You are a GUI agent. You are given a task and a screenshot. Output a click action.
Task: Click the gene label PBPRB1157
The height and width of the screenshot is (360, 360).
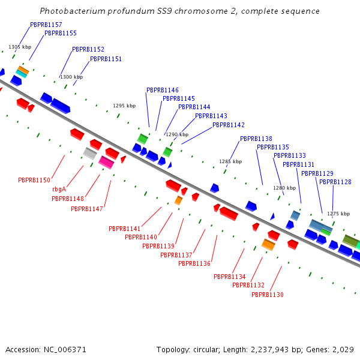pos(46,25)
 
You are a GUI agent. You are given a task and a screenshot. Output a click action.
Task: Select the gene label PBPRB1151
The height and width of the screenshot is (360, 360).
pos(106,59)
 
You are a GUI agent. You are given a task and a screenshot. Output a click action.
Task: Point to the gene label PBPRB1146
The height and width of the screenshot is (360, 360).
pos(162,90)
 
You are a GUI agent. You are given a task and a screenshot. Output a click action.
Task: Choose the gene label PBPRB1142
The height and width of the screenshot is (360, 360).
pos(229,125)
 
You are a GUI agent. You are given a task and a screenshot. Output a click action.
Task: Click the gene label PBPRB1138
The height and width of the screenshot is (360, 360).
pos(256,139)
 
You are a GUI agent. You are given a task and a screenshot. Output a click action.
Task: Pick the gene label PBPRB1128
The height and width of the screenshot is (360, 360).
pos(335,182)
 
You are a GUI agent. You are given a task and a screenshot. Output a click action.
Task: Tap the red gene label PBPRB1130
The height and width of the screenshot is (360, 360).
pos(267,295)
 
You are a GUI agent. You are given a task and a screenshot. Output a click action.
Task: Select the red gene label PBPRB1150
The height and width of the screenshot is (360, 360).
pos(34,180)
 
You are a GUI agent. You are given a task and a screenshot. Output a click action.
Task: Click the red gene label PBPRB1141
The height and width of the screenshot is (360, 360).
pos(124,229)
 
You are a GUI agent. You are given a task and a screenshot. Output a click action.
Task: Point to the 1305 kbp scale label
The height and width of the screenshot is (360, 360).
pos(20,47)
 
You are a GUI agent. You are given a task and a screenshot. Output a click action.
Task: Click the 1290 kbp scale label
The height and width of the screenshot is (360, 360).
pos(177,134)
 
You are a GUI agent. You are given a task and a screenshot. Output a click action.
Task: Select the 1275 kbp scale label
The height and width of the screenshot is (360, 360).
pos(338,214)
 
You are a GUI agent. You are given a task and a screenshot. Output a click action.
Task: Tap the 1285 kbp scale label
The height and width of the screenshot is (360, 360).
pos(230,161)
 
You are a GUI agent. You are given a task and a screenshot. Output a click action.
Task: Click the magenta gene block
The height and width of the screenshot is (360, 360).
pos(106,161)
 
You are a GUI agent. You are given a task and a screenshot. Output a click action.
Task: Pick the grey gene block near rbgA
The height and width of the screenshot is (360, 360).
pos(90,153)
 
